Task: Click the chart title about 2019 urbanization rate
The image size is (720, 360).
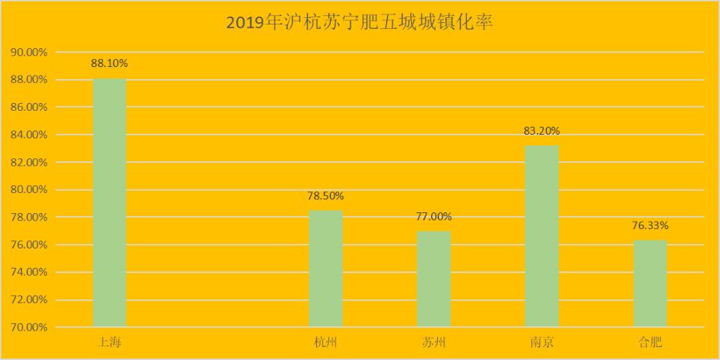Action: (359, 22)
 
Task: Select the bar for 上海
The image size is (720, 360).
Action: (109, 202)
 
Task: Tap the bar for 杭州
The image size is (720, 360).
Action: (325, 269)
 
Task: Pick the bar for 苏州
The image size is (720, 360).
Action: (433, 279)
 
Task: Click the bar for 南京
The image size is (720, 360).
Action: (541, 236)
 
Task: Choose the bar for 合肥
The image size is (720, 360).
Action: (649, 284)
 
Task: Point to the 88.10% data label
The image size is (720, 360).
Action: (109, 63)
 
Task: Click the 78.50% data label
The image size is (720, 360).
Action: (325, 196)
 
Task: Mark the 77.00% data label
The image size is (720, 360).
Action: (433, 217)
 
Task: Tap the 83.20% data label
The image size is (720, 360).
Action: (541, 131)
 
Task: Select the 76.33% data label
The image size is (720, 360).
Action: (649, 225)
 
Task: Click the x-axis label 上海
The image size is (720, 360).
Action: (109, 341)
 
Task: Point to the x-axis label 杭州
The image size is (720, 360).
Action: (325, 341)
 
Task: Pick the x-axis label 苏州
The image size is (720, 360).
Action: (433, 341)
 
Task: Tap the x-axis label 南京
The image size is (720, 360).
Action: (541, 341)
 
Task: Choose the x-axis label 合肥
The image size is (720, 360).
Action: (649, 341)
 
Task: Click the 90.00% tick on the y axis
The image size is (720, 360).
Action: (29, 53)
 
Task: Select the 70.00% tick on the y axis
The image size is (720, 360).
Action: (29, 328)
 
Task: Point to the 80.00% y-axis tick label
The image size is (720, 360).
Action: (29, 190)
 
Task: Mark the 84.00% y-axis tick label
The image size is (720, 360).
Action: (29, 135)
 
